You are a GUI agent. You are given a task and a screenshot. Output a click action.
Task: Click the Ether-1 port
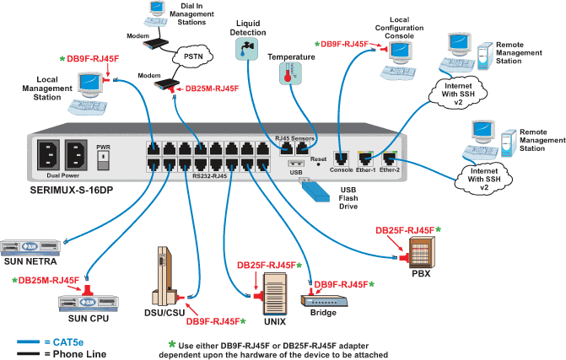click(364, 157)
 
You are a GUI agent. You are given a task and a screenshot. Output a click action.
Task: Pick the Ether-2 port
click(390, 157)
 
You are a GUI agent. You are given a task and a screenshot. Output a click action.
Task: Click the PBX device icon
click(419, 250)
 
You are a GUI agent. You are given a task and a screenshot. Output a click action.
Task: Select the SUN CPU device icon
click(89, 302)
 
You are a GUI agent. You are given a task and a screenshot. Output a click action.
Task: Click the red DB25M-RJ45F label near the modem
click(211, 87)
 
